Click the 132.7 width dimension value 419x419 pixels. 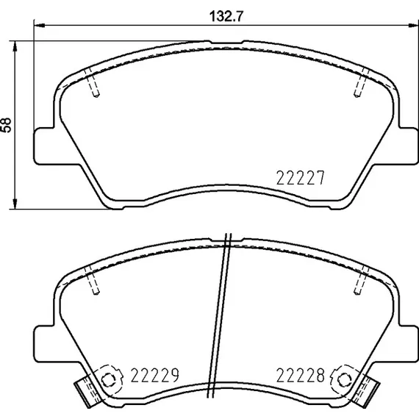[226, 17]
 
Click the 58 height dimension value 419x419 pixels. [7, 125]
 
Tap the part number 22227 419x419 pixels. [300, 178]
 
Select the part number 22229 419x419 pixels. [154, 375]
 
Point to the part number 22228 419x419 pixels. [300, 375]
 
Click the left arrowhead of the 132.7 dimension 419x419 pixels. [39, 26]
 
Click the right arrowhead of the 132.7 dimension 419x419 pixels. [412, 26]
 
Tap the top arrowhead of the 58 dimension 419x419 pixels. [15, 46]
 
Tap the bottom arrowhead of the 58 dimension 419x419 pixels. [15, 204]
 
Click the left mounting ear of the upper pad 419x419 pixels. [44, 146]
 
